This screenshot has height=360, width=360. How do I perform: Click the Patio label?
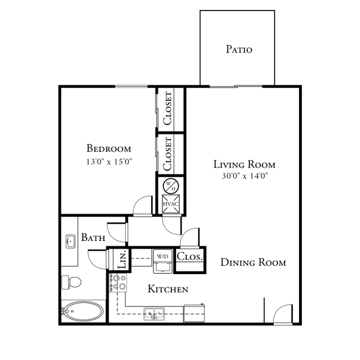(239, 50)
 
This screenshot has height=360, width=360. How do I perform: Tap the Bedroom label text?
(109, 148)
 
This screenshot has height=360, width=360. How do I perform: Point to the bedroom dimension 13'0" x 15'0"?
(109, 162)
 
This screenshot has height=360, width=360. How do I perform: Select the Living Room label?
(244, 164)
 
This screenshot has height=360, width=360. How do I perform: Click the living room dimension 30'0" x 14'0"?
(244, 177)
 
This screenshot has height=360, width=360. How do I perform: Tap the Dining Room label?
(253, 263)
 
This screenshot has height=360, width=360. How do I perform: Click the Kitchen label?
(168, 289)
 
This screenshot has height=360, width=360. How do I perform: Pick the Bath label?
(94, 238)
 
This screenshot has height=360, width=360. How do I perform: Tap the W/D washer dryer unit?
(162, 263)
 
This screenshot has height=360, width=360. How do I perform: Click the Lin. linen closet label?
(123, 259)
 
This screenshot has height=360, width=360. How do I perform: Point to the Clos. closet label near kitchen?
(190, 257)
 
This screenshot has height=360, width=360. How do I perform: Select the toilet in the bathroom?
(70, 282)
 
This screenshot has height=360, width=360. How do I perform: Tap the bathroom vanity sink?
(70, 241)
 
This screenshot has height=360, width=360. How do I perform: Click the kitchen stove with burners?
(118, 284)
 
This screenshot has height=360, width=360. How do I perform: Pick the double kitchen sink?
(154, 314)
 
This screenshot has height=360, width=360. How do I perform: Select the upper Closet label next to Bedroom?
(168, 109)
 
